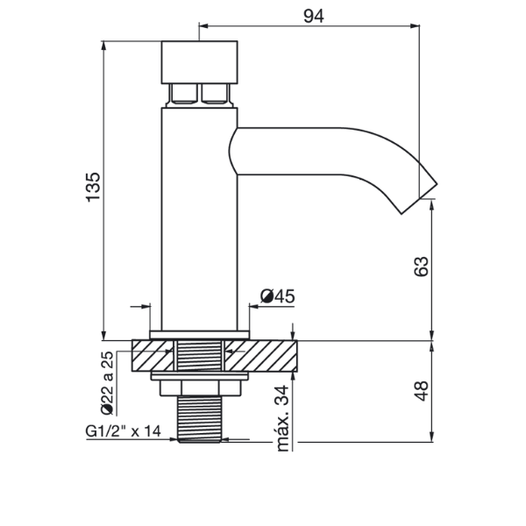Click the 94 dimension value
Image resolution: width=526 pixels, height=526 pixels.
314,16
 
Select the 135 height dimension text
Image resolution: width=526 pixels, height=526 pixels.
93,188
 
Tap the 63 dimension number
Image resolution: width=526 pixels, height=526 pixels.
421,267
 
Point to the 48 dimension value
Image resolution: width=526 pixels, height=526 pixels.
421,391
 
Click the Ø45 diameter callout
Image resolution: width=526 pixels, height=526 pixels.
278,296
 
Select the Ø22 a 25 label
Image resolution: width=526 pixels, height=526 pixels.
107,383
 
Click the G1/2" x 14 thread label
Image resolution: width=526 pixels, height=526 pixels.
123,431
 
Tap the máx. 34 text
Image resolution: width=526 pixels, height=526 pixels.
282,419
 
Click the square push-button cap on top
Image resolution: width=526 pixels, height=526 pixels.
200,62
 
